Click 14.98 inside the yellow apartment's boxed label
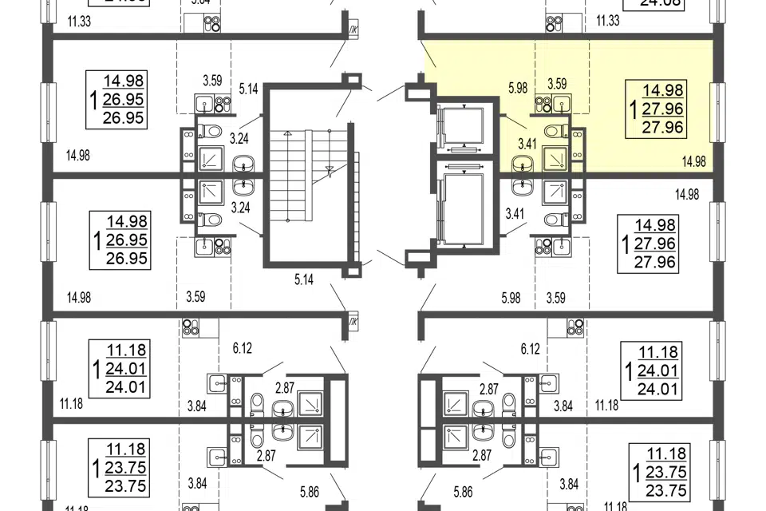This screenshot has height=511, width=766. pos(667,91)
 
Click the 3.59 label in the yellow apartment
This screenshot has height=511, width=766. pos(556,83)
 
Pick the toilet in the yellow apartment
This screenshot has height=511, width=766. pos(552,131)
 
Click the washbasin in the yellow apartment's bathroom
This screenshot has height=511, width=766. pos(523,165)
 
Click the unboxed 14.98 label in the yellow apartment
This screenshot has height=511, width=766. pos(695,162)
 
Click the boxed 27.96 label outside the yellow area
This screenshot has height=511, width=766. pos(667,261)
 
